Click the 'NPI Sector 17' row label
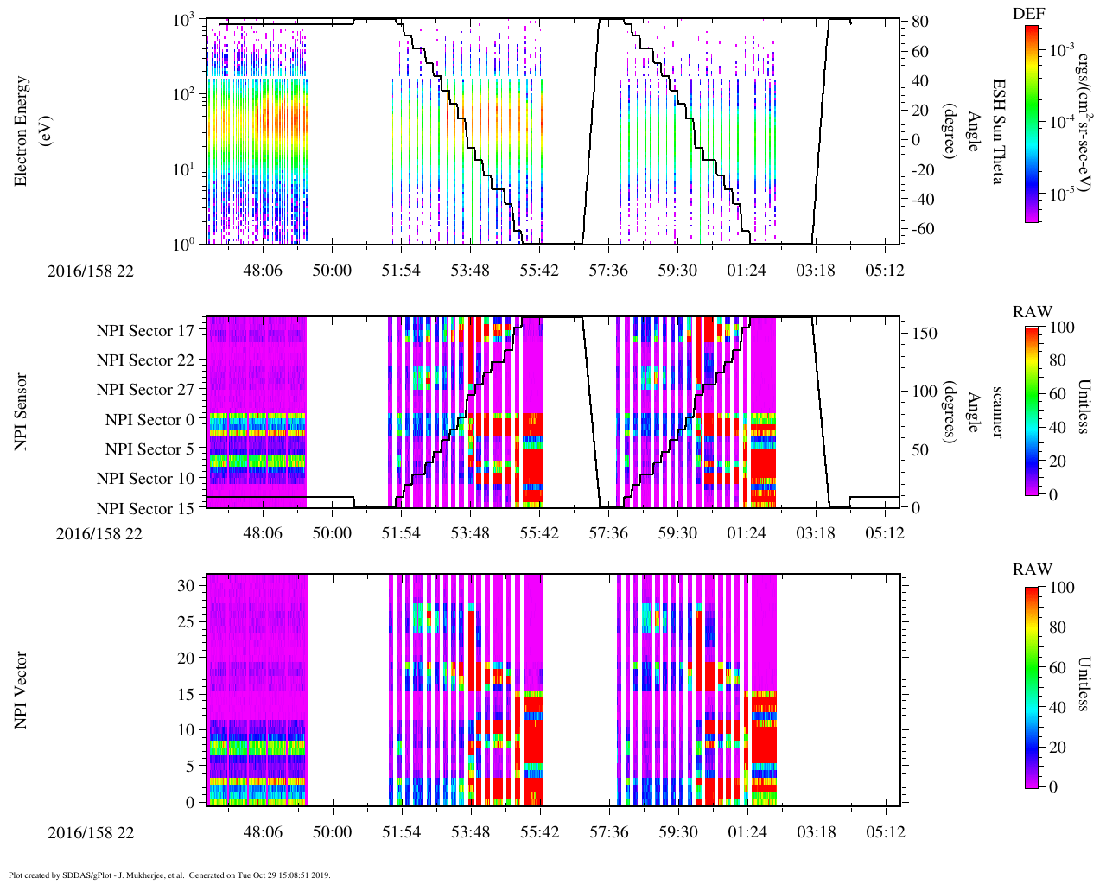[145, 330]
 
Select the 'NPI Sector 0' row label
[149, 419]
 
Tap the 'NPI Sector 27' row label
[145, 390]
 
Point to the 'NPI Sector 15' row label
[145, 508]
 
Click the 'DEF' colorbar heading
[1027, 14]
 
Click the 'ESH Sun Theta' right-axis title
[998, 131]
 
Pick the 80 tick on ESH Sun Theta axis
[919, 22]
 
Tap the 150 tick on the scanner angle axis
[925, 333]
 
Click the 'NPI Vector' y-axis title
[22, 691]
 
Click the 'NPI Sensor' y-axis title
[22, 411]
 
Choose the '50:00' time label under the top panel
[332, 271]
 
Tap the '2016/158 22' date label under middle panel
[99, 533]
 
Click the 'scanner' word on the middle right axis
[998, 412]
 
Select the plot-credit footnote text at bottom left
[169, 875]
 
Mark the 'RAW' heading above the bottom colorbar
[1033, 569]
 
